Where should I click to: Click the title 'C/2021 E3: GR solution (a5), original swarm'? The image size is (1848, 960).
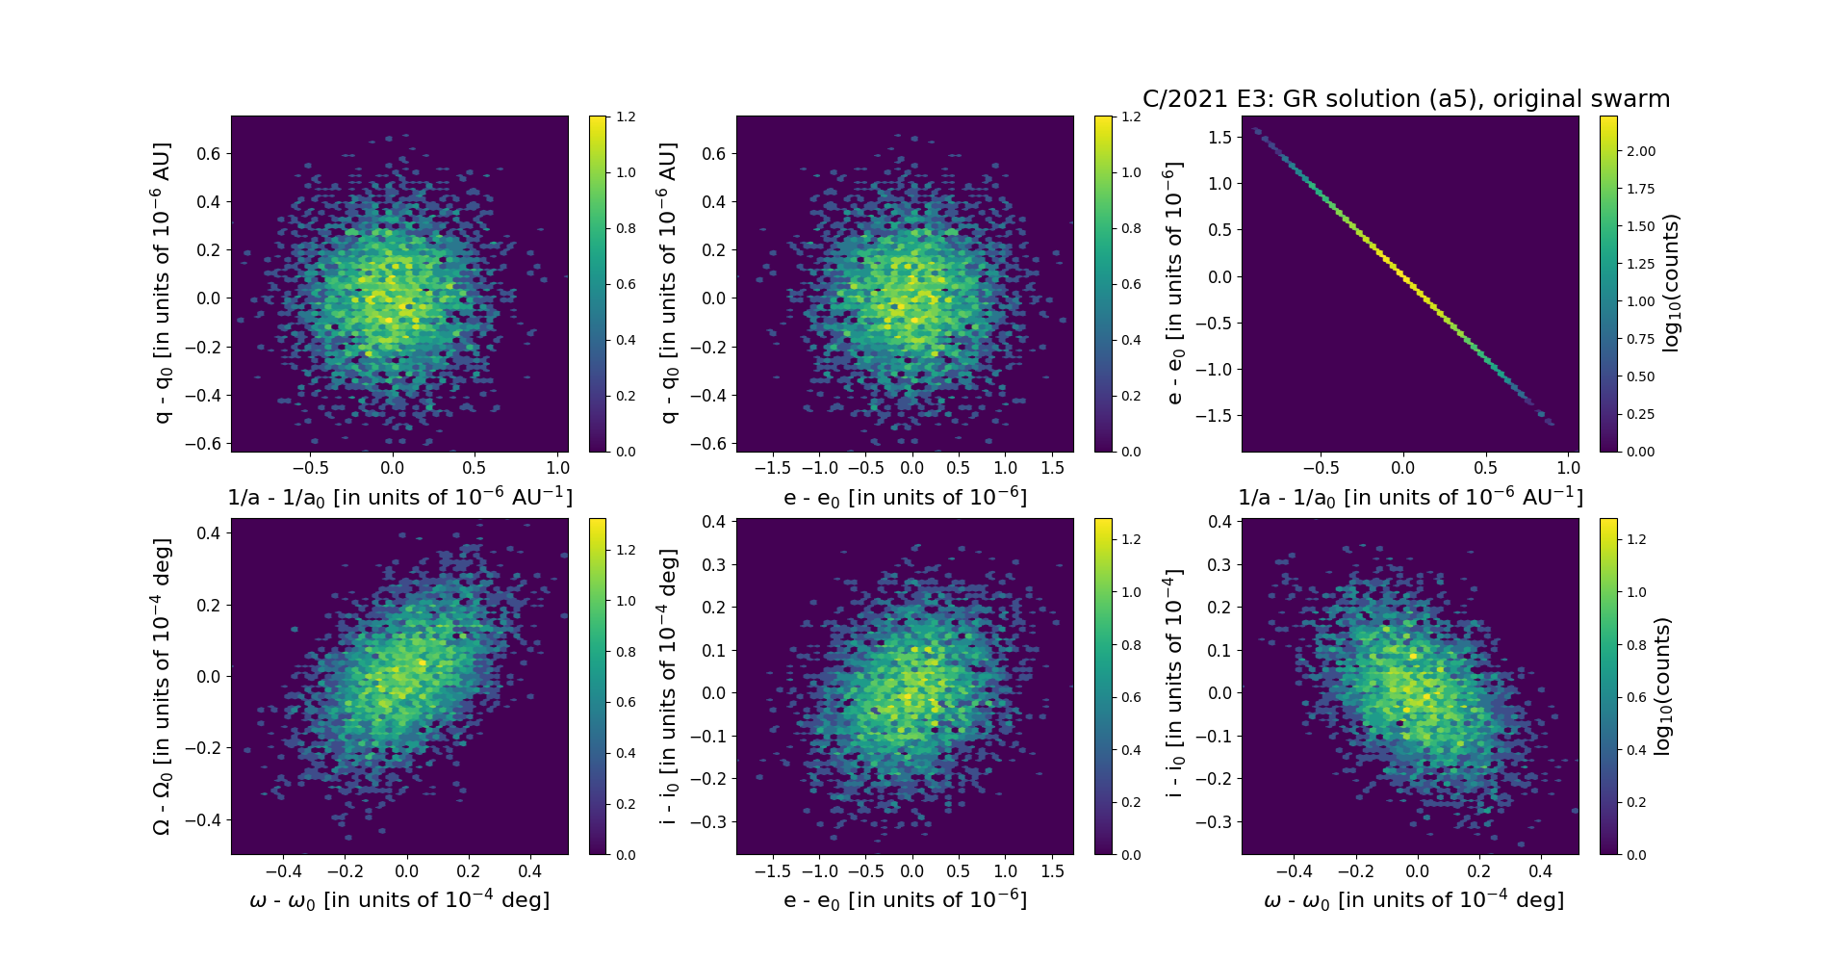(1405, 99)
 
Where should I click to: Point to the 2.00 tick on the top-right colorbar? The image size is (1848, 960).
(1641, 151)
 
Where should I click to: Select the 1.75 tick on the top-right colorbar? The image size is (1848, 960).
(1641, 189)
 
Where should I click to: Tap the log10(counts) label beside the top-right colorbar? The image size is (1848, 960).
(1672, 283)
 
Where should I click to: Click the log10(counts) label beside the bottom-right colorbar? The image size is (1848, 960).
(1662, 686)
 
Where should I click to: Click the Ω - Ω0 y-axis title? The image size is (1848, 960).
(163, 686)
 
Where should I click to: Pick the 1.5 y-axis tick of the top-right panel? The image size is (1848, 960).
(1219, 137)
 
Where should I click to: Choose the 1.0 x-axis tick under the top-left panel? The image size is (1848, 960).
(557, 468)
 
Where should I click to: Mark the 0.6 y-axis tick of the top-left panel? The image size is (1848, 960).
(210, 153)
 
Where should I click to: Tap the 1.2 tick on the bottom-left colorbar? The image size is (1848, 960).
(626, 550)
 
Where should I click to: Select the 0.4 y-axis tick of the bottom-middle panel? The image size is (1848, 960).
(713, 522)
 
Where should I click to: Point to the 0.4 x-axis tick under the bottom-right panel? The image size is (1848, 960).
(1541, 871)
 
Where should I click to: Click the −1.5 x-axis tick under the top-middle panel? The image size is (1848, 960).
(772, 468)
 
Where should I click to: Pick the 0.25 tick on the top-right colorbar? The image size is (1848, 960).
(1641, 414)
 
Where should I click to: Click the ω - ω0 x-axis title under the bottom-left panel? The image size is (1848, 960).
(399, 899)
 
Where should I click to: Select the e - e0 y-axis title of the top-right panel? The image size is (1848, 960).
(1173, 283)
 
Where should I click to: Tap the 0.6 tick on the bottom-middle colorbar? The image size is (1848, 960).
(1131, 697)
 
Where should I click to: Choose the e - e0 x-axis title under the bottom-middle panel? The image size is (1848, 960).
(905, 899)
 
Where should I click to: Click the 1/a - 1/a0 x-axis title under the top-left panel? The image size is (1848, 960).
(399, 497)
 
